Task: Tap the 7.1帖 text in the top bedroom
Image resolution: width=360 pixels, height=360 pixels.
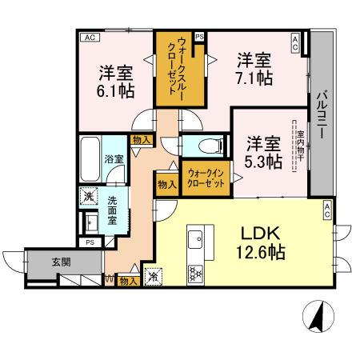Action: tap(253, 78)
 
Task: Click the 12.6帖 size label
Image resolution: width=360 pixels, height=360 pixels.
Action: tap(260, 252)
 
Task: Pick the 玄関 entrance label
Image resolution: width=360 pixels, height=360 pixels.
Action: tap(38, 262)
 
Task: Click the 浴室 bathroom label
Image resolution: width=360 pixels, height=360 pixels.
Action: tap(114, 158)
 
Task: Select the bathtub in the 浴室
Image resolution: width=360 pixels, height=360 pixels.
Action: tap(90, 158)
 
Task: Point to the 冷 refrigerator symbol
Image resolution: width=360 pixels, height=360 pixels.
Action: tap(152, 277)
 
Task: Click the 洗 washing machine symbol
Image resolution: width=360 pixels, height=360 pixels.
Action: tap(86, 194)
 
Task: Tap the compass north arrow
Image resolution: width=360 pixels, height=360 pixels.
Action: tap(316, 316)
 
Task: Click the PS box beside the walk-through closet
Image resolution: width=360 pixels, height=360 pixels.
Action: tap(199, 37)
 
